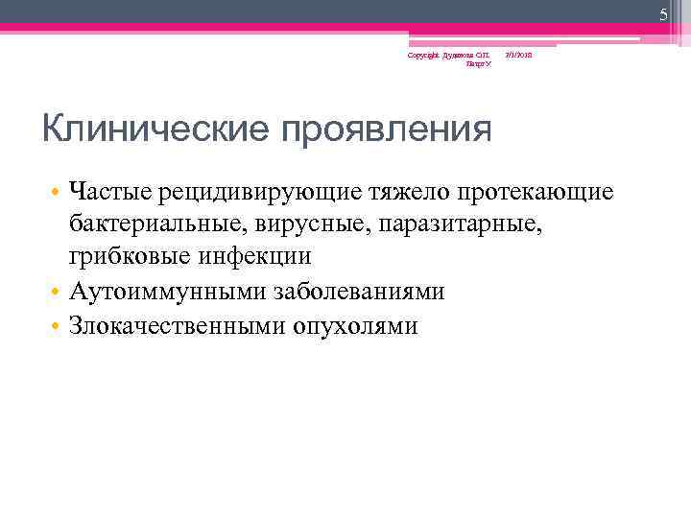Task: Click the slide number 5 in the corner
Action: coord(662,13)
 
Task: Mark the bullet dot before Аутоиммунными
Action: coord(58,293)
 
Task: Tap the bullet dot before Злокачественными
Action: coord(58,325)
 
